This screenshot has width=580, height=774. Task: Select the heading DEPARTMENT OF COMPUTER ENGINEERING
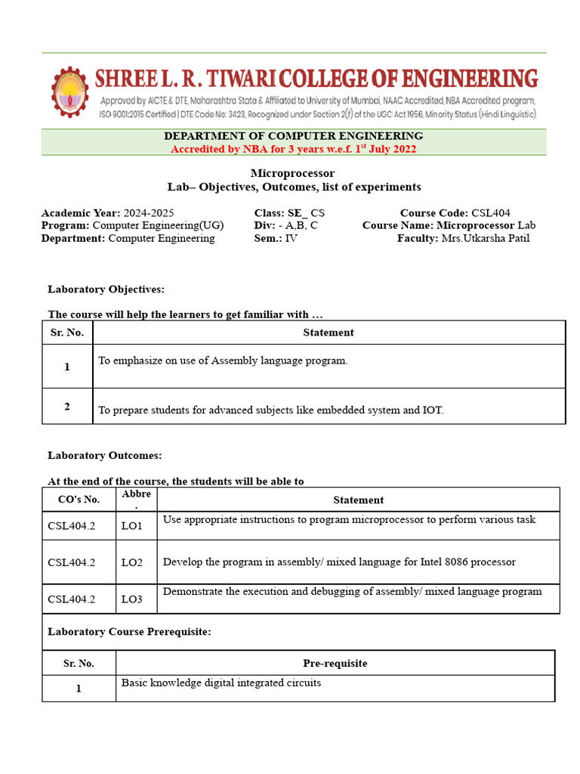[x=293, y=136]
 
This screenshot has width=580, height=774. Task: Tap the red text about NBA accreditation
[x=293, y=149]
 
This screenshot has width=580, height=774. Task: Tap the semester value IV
[x=291, y=238]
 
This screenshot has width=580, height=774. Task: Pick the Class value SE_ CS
[x=306, y=213]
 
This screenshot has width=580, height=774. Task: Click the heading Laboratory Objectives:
[x=106, y=289]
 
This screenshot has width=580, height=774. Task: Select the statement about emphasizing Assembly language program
[x=223, y=361]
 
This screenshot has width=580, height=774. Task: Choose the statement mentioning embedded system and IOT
[x=271, y=410]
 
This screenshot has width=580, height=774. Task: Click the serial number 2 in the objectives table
[x=67, y=407]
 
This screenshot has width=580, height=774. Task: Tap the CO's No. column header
[x=79, y=500]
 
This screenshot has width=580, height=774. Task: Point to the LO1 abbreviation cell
[x=131, y=525]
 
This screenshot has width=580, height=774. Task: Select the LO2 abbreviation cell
[x=131, y=562]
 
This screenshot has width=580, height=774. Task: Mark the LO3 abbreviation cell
[x=131, y=599]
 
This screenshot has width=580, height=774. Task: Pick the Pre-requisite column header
[x=335, y=663]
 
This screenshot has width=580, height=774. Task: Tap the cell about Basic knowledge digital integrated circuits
[x=221, y=683]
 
